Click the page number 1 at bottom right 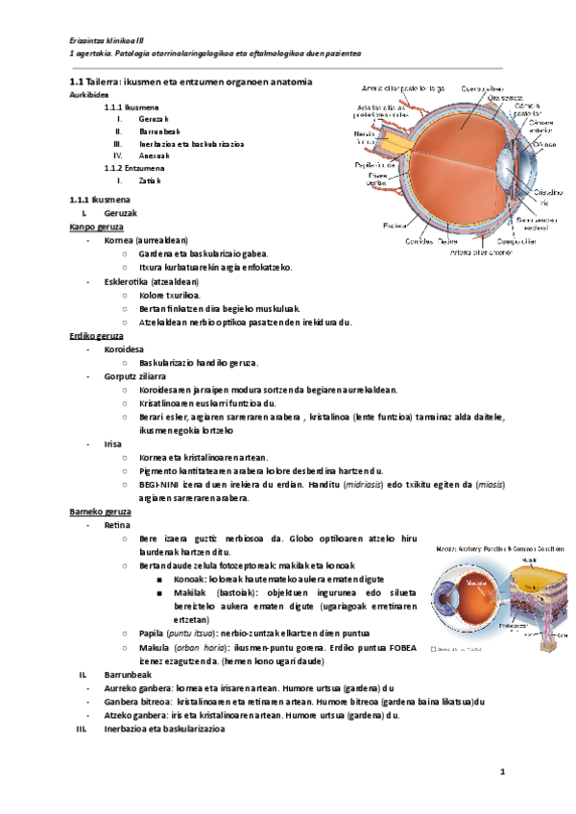point(501,772)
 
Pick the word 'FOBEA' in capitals point(399,648)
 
